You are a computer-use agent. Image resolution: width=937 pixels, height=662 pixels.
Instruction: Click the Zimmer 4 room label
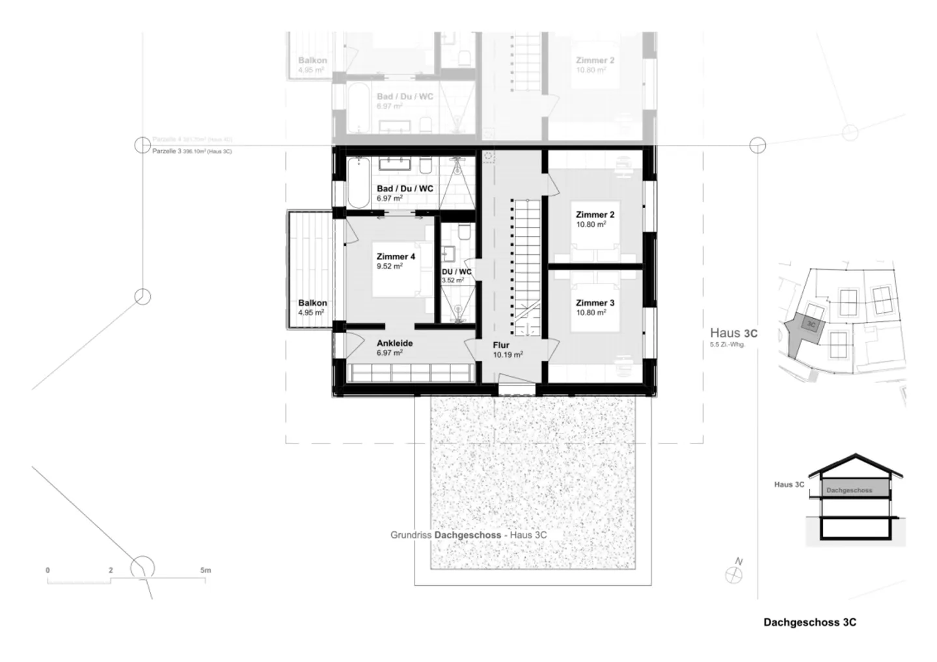click(x=396, y=256)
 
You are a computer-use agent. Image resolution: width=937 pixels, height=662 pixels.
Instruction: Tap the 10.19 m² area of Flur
click(x=508, y=355)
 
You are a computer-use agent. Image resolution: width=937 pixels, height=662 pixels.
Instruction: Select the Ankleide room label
click(x=394, y=343)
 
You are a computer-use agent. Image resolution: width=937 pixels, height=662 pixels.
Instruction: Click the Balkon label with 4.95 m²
click(x=312, y=303)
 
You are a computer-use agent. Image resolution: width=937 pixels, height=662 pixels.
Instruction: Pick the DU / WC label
click(x=456, y=272)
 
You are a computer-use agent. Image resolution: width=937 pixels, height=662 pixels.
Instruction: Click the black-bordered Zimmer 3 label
click(x=595, y=303)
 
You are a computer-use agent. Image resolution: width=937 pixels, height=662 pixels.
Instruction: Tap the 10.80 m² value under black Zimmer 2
click(x=591, y=224)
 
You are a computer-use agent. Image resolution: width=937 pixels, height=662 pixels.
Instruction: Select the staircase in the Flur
click(x=528, y=267)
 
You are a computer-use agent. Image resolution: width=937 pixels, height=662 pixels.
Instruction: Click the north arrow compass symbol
click(x=733, y=574)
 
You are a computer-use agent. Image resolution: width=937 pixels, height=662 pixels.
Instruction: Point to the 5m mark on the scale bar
click(x=206, y=571)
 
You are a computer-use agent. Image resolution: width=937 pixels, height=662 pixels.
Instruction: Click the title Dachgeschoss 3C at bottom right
click(x=809, y=622)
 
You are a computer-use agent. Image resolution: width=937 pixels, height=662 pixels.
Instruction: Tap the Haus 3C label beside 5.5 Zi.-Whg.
click(x=733, y=334)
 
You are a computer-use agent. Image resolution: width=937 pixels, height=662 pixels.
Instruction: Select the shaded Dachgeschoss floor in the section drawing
click(x=849, y=490)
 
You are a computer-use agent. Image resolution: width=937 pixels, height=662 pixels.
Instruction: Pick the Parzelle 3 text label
click(x=167, y=151)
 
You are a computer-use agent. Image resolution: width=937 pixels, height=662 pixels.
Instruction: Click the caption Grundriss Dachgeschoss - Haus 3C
click(x=468, y=535)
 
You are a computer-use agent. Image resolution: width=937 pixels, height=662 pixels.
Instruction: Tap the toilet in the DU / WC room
click(x=463, y=233)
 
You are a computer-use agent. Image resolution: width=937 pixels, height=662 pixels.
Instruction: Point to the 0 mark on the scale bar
click(x=48, y=571)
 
